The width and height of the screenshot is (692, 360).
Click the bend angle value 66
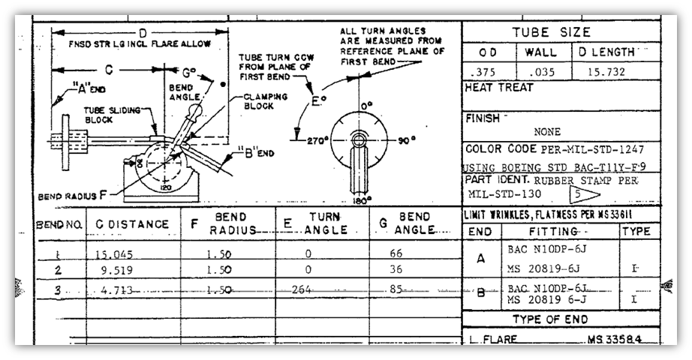(x=396, y=254)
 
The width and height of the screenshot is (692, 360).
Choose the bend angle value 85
(x=396, y=289)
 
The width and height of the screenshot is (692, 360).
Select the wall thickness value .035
(x=543, y=73)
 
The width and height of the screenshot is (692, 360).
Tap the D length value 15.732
(x=609, y=73)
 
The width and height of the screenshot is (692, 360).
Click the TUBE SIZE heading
(x=551, y=32)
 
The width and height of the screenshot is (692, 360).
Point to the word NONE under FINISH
(x=547, y=132)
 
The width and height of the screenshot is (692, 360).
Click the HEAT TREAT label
(x=499, y=88)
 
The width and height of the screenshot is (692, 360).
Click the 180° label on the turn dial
(x=362, y=200)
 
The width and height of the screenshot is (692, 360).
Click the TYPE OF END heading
(x=561, y=320)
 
